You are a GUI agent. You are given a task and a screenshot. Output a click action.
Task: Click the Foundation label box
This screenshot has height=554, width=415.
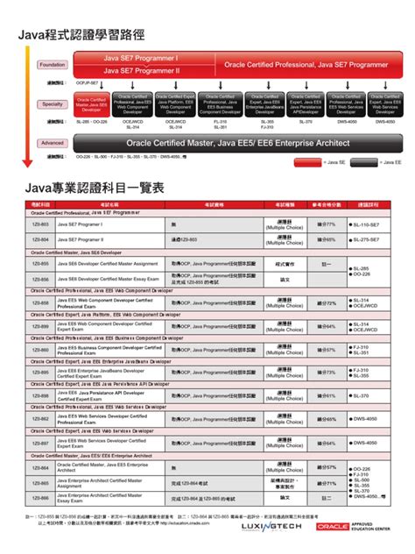tap(52, 65)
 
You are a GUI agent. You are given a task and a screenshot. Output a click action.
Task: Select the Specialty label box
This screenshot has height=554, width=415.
tap(52, 103)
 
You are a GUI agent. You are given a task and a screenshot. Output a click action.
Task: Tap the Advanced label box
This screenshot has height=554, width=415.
tap(52, 142)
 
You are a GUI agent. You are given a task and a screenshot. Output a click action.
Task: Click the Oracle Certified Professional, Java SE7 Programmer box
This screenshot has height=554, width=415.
tap(306, 64)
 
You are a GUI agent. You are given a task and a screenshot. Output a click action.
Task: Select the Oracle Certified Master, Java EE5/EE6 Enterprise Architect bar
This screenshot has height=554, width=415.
tap(236, 142)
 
